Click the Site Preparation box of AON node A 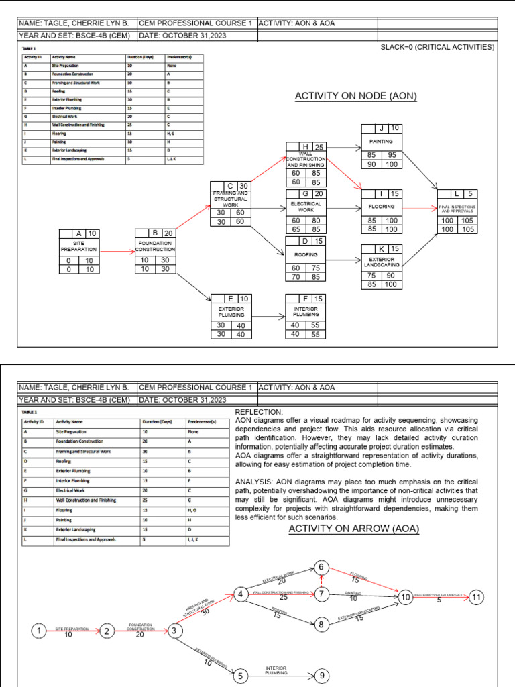click(79, 246)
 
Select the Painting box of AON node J click(382, 142)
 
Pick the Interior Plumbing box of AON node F click(306, 311)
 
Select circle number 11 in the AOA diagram click(475, 597)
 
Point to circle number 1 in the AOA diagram click(40, 631)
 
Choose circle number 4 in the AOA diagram click(239, 594)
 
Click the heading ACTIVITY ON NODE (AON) click(355, 97)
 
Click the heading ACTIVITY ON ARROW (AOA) click(353, 529)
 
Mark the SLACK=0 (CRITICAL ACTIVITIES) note click(437, 48)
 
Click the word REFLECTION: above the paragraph click(259, 411)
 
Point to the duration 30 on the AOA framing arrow click(205, 611)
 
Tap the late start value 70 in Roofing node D click(296, 276)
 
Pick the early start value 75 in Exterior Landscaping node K click(371, 275)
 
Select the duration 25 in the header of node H click(320, 147)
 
